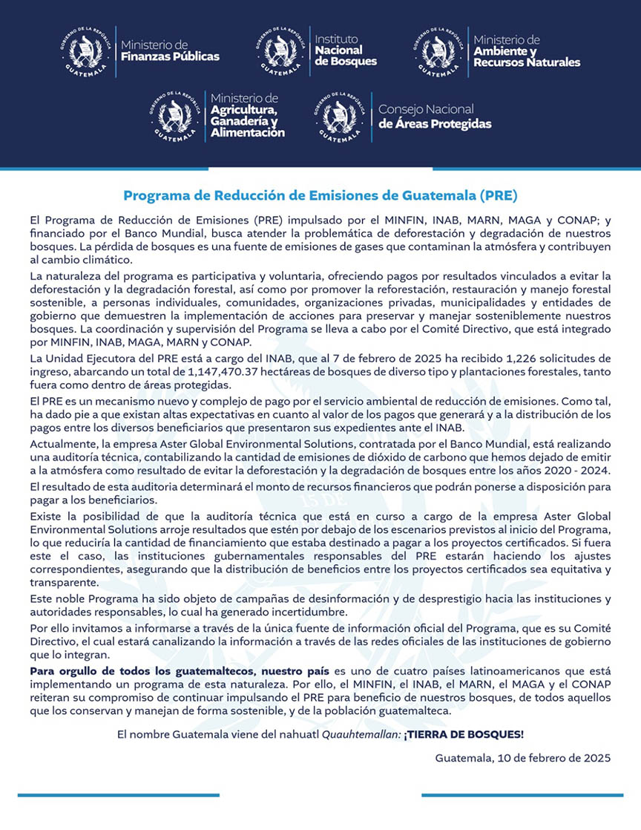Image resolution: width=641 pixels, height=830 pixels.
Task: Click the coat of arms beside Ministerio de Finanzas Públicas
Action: tap(88, 50)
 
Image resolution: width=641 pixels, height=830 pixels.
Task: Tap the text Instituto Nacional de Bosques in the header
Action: tap(346, 50)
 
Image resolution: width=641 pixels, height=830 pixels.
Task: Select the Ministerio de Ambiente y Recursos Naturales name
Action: tap(526, 50)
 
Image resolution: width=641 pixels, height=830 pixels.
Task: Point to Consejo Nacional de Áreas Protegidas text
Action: tap(434, 116)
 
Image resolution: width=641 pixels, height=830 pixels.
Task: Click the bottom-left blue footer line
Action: tap(119, 795)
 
